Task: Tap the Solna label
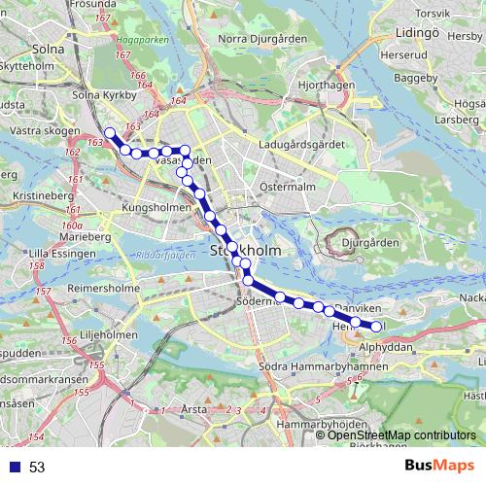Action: pyautogui.click(x=46, y=46)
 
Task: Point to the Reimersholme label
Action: pyautogui.click(x=108, y=290)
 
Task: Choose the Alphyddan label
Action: pyautogui.click(x=387, y=346)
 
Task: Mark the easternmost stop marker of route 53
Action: pyautogui.click(x=376, y=326)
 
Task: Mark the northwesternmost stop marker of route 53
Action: pyautogui.click(x=110, y=133)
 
